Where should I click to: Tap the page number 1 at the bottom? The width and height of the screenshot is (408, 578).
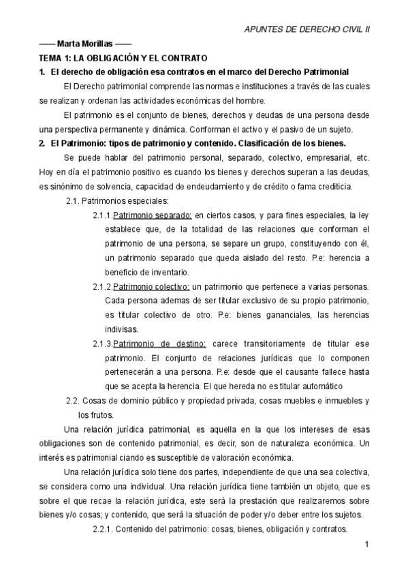pos(366,544)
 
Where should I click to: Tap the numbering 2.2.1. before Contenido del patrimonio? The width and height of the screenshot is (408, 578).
pos(106,529)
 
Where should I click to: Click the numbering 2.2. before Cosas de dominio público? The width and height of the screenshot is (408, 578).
pos(74,401)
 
